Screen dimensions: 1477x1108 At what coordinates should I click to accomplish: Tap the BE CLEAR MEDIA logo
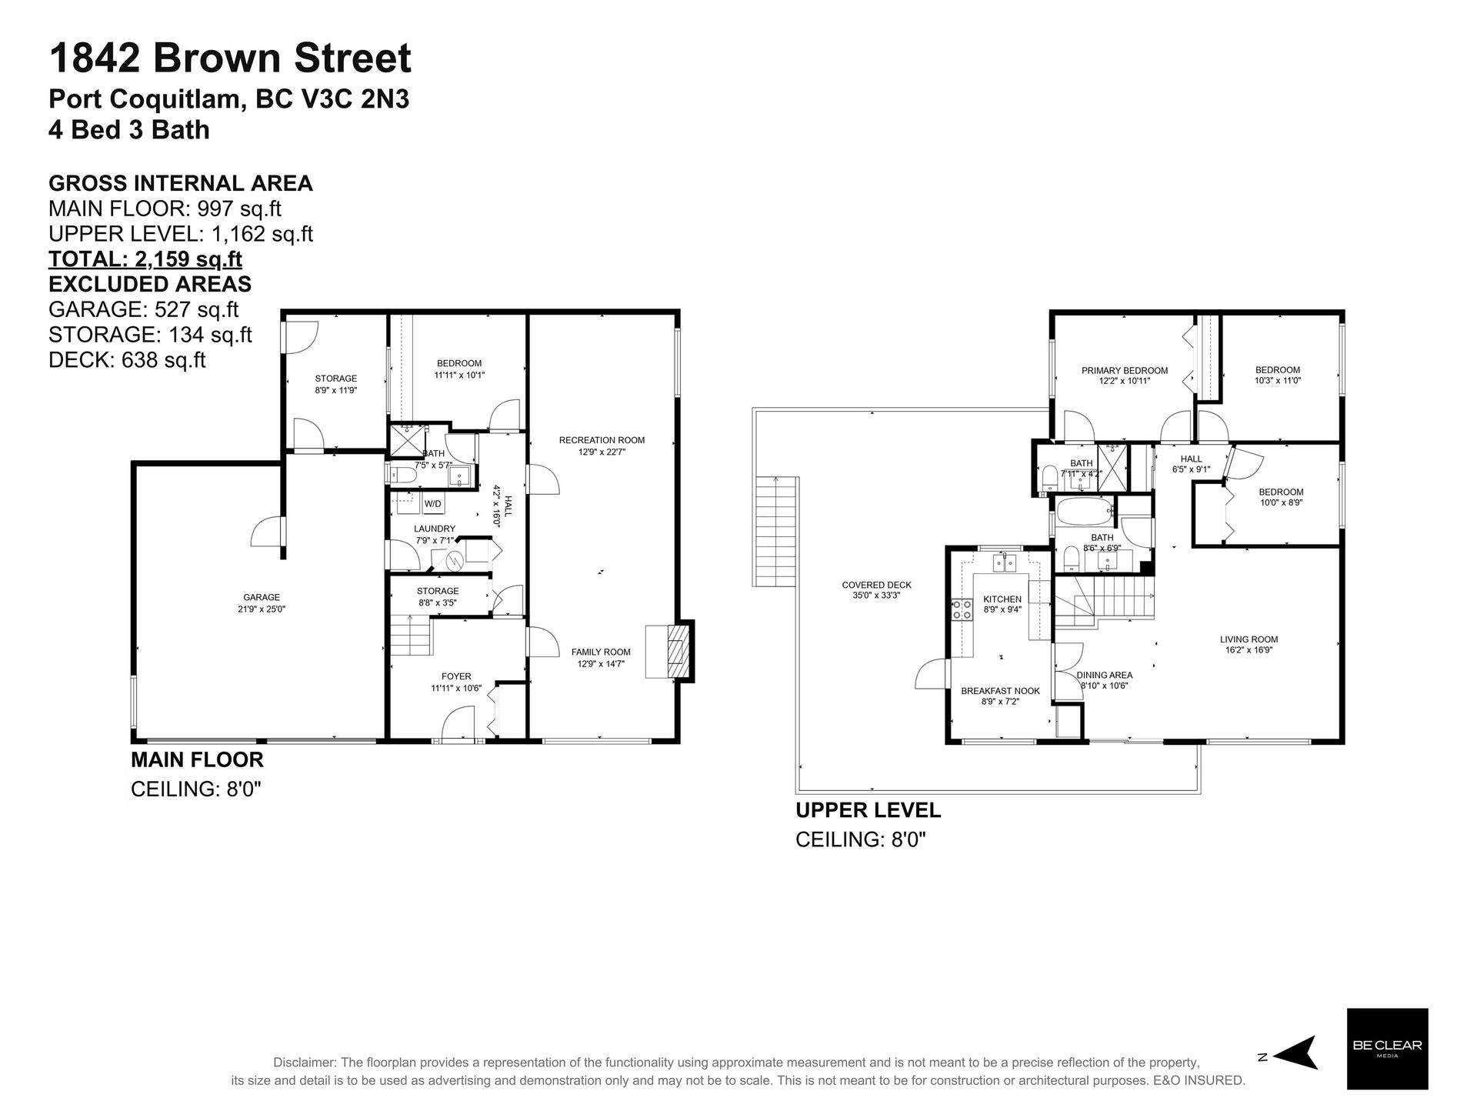1387,1049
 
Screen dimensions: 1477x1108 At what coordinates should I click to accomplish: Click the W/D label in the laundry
433,504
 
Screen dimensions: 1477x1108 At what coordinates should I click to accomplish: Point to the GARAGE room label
262,597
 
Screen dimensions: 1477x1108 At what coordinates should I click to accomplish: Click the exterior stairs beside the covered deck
776,532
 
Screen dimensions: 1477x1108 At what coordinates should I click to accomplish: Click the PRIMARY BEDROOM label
1125,370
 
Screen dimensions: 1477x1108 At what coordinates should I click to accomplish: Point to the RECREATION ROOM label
602,440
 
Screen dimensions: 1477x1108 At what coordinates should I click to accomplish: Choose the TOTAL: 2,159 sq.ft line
145,259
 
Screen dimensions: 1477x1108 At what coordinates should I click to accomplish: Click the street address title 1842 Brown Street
230,58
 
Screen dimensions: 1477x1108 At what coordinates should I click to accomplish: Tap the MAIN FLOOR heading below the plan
198,759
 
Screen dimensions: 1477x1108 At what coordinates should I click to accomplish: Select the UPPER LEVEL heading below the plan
869,810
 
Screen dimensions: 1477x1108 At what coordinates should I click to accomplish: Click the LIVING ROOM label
1249,639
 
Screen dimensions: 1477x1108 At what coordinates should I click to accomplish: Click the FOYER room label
456,677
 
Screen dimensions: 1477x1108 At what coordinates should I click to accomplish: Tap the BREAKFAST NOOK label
1000,691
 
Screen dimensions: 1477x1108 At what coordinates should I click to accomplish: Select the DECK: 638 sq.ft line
127,359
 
